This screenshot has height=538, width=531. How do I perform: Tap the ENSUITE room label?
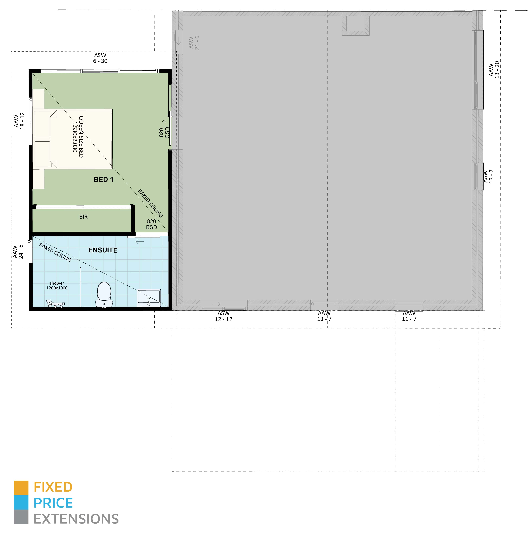pyautogui.click(x=103, y=250)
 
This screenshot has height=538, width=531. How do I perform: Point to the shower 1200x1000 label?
pyautogui.click(x=57, y=285)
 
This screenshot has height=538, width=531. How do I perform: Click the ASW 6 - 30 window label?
pyautogui.click(x=100, y=58)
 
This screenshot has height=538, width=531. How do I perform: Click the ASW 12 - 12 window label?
pyautogui.click(x=223, y=316)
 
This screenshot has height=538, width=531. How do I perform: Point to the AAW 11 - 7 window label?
pyautogui.click(x=409, y=316)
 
